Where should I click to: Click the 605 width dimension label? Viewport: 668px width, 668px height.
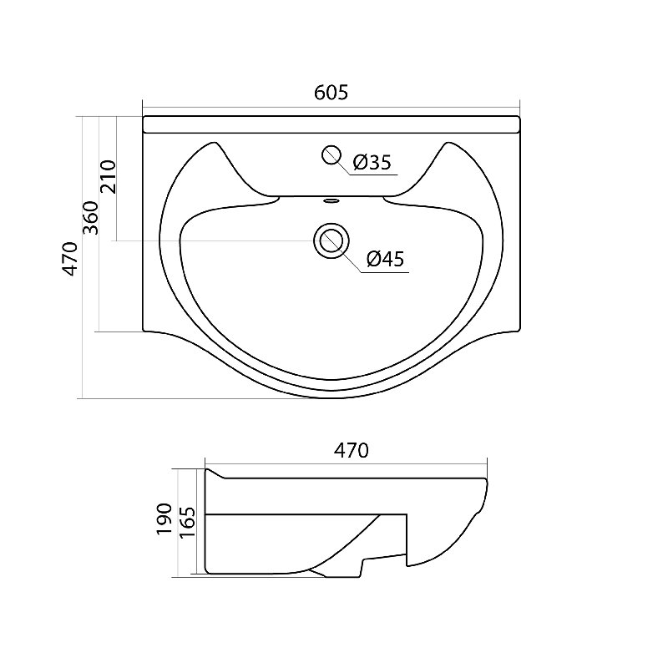331,93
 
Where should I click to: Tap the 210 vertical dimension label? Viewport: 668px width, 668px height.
109,177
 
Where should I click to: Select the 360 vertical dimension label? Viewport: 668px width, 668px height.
91,218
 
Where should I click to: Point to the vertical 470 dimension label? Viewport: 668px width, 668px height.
70,259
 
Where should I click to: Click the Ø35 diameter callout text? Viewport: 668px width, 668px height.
372,162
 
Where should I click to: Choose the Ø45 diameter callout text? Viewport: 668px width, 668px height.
385,259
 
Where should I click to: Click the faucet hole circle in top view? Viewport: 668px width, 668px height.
331,155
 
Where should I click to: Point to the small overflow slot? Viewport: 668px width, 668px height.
331,200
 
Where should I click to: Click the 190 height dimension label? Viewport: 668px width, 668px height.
164,519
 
